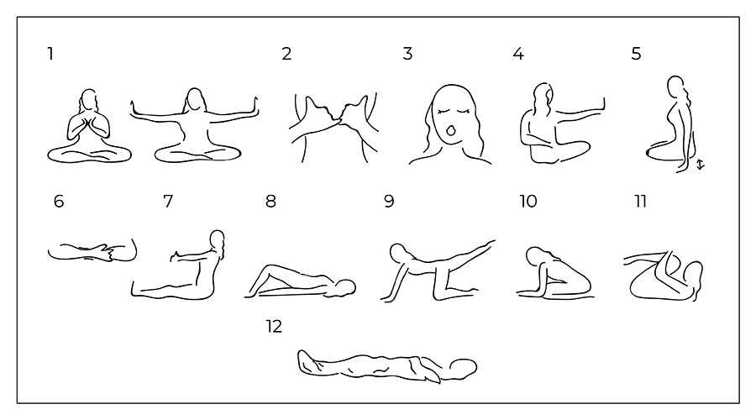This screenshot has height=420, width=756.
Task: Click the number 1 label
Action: [x=50, y=54]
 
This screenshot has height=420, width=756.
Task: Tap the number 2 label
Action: [x=287, y=54]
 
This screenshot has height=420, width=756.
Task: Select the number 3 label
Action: [x=408, y=54]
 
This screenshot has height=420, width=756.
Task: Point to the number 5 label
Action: [x=637, y=54]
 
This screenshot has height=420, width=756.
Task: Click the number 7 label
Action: [x=168, y=201]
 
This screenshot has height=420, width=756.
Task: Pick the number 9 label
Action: [x=389, y=201]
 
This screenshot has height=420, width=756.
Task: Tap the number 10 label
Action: [x=528, y=201]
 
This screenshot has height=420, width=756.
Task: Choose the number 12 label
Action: [x=274, y=327]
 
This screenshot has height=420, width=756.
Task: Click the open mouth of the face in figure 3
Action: [x=451, y=131]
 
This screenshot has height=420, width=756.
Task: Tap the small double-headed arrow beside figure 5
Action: [x=701, y=165]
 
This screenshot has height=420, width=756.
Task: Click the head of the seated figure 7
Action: [x=218, y=239]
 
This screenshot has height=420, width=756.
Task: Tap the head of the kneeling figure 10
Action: [x=534, y=256]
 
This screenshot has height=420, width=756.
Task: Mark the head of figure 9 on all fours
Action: [x=398, y=252]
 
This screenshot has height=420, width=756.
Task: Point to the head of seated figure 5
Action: [x=675, y=85]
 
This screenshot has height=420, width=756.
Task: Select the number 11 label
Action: [x=640, y=201]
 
